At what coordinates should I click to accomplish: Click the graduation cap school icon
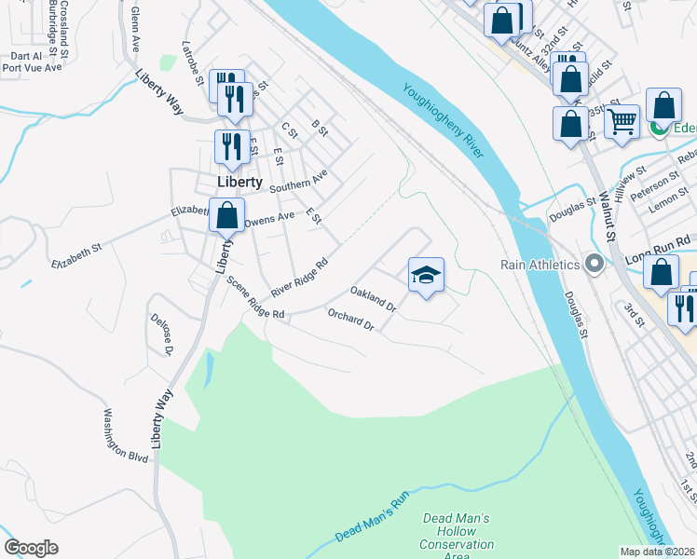tap(426, 275)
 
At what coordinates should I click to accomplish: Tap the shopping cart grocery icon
tap(622, 120)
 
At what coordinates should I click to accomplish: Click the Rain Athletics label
tap(540, 265)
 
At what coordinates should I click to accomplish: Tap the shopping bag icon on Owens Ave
tap(226, 215)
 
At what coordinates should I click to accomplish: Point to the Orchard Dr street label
tap(350, 321)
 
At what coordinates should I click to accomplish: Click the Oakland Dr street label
tap(374, 299)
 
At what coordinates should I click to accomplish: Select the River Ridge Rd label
tap(301, 279)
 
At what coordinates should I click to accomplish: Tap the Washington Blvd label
tap(127, 435)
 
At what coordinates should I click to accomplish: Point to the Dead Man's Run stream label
tap(373, 518)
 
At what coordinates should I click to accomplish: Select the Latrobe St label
tap(193, 61)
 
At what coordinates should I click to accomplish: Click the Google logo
tap(31, 548)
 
